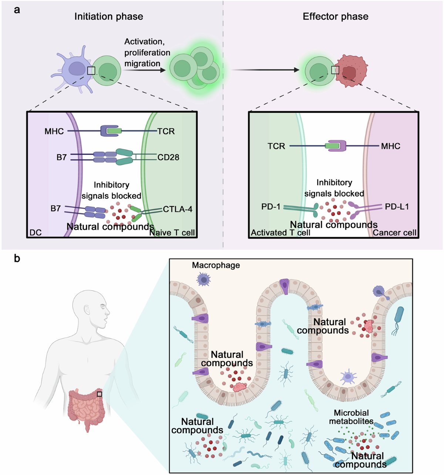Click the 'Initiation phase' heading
[x=109, y=17]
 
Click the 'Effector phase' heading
[x=335, y=17]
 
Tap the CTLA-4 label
[x=178, y=209]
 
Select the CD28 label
[x=168, y=157]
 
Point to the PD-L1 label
[x=397, y=206]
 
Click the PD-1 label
[x=270, y=206]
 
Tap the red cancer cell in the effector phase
[x=351, y=71]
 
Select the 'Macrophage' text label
[x=216, y=265]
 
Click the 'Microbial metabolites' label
[x=351, y=417]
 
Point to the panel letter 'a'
[x=17, y=10]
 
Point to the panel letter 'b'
[x=17, y=259]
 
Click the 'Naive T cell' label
[x=172, y=232]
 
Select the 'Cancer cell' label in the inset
[x=394, y=232]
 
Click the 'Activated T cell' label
[x=280, y=232]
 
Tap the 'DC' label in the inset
[x=36, y=232]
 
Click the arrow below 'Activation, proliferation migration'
[x=144, y=70]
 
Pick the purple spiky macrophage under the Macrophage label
[x=203, y=279]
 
